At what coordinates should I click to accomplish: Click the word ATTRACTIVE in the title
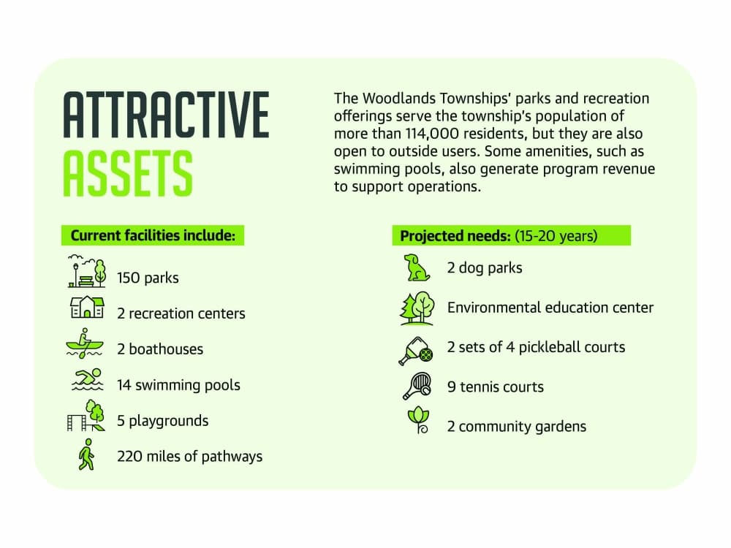point(166,115)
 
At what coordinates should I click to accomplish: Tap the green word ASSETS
point(128,174)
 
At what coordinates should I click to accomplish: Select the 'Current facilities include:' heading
point(153,235)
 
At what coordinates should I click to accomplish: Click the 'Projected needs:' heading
point(455,236)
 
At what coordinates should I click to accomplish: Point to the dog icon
point(417,267)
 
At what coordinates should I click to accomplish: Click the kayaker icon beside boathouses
point(84,343)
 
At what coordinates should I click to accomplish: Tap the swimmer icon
point(88,379)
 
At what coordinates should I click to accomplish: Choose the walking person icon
point(87,454)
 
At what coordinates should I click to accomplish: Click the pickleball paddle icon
point(416,351)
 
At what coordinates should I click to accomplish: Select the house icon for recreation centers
point(87,308)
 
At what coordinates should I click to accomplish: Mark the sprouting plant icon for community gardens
point(418,420)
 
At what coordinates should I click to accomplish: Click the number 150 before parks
point(128,278)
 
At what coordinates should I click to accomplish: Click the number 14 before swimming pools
point(124,385)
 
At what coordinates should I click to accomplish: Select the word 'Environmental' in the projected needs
point(493,308)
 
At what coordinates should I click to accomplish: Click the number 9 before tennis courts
point(451,387)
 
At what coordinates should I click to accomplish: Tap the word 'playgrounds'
point(169,422)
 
